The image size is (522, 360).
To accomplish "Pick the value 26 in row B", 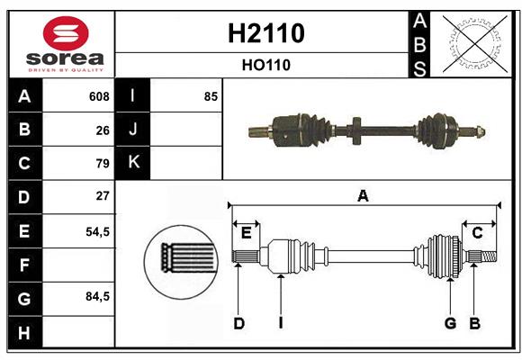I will click(x=102, y=130).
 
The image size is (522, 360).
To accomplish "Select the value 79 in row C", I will click(x=102, y=163).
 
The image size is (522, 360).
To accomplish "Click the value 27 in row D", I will click(x=102, y=196).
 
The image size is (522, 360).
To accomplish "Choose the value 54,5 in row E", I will click(x=97, y=230).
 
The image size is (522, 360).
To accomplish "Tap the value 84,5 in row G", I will click(x=97, y=296).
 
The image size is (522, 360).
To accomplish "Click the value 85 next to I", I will click(x=211, y=96).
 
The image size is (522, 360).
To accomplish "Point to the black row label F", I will click(x=24, y=265).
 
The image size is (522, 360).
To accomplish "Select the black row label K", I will click(x=133, y=163).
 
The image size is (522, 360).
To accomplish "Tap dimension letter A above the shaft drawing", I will click(x=363, y=195).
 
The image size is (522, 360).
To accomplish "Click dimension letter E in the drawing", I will click(x=246, y=233).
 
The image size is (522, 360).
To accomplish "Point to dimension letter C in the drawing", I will click(x=477, y=233).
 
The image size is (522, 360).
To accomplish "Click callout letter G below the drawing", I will click(x=450, y=323).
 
